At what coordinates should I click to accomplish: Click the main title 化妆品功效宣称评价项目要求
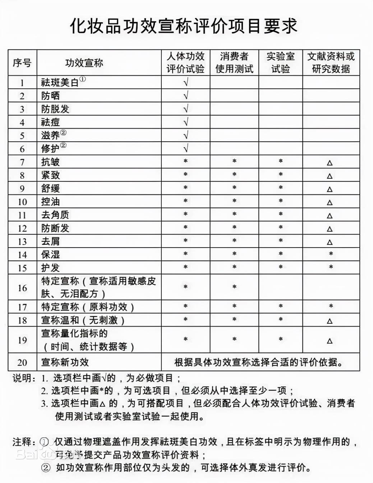coord(183,26)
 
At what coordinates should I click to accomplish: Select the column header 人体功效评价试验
coord(185,63)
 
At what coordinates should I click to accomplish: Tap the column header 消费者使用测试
coord(234,63)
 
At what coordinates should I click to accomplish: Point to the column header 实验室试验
coord(281,63)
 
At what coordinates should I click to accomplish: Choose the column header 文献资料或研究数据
coord(331,63)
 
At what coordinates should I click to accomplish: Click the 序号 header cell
coord(22,63)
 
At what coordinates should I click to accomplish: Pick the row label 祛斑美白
coord(60,83)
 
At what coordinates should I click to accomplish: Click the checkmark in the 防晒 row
coord(186,96)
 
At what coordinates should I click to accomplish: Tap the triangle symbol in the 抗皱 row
coord(330,163)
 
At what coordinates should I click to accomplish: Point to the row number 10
coord(22,202)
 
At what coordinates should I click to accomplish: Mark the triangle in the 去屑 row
coord(330,242)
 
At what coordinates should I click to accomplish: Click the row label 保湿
coord(50,255)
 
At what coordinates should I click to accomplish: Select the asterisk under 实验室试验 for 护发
coord(281,267)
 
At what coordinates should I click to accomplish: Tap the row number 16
coord(22,288)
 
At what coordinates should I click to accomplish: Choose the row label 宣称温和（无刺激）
coord(83,320)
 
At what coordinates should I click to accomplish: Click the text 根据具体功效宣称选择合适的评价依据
coord(259,362)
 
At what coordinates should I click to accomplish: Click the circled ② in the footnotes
coord(46,468)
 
